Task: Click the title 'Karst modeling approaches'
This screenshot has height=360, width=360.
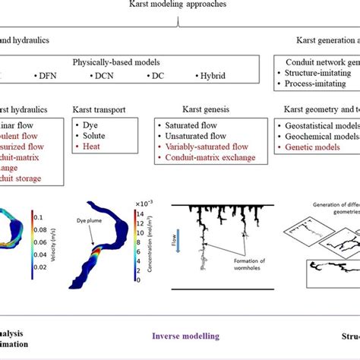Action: (x=177, y=5)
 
